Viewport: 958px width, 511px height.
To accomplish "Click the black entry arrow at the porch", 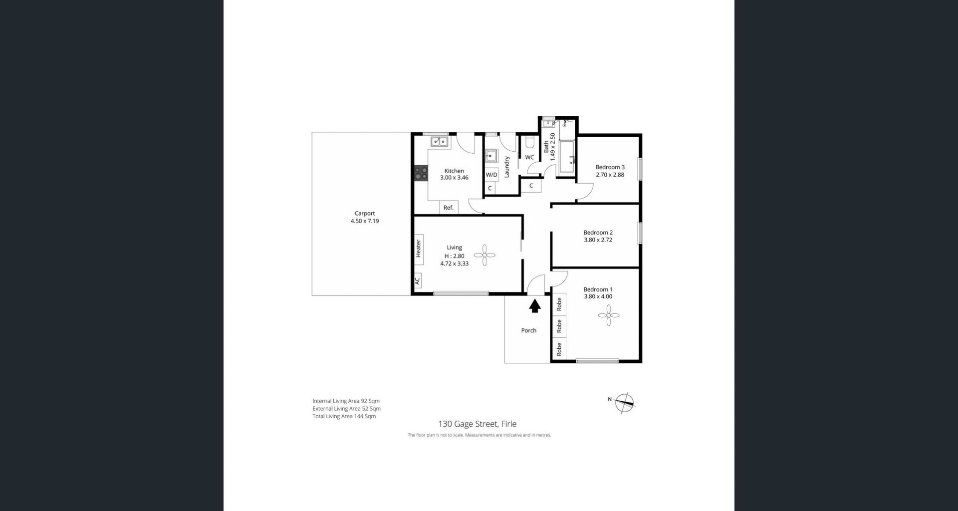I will [535, 305].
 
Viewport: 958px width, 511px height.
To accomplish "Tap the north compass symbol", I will [624, 403].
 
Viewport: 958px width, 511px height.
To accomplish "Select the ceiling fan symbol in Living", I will [484, 255].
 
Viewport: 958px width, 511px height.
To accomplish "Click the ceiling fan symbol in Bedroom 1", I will [608, 315].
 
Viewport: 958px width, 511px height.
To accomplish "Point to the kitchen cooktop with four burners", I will [421, 173].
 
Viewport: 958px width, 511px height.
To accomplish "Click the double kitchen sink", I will [440, 142].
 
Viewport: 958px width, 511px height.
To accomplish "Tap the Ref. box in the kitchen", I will [449, 208].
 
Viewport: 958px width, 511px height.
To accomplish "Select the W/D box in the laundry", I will [491, 175].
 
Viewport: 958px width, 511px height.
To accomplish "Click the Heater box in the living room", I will [419, 249].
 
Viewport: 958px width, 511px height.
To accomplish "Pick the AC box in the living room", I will [418, 280].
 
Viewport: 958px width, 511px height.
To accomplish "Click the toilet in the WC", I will [530, 144].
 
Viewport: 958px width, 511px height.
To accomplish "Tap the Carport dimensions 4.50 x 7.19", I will [365, 221].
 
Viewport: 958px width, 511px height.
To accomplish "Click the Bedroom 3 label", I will [610, 167].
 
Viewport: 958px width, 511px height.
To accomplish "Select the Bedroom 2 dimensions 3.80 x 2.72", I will [598, 240].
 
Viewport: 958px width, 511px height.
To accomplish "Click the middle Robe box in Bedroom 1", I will [559, 326].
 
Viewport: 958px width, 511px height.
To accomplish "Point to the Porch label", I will [528, 330].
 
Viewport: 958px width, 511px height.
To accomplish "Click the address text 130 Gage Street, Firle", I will [477, 424].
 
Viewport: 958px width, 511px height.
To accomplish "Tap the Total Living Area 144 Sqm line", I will [344, 416].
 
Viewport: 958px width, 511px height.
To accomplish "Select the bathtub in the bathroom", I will [567, 157].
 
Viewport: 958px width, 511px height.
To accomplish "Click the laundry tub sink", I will [491, 156].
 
